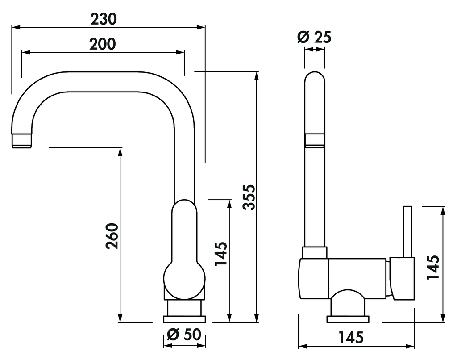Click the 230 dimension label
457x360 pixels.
tap(104, 19)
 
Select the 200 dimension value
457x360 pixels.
tap(103, 44)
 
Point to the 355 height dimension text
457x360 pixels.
tap(249, 197)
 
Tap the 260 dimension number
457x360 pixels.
tap(112, 236)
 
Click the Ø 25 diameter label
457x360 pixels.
tap(315, 38)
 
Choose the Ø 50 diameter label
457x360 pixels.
tap(184, 335)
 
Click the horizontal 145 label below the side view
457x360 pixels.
tap(351, 338)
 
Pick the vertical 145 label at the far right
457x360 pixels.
tap(433, 267)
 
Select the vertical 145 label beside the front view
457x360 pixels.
tap(220, 254)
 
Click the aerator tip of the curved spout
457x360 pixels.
tap(21, 141)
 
